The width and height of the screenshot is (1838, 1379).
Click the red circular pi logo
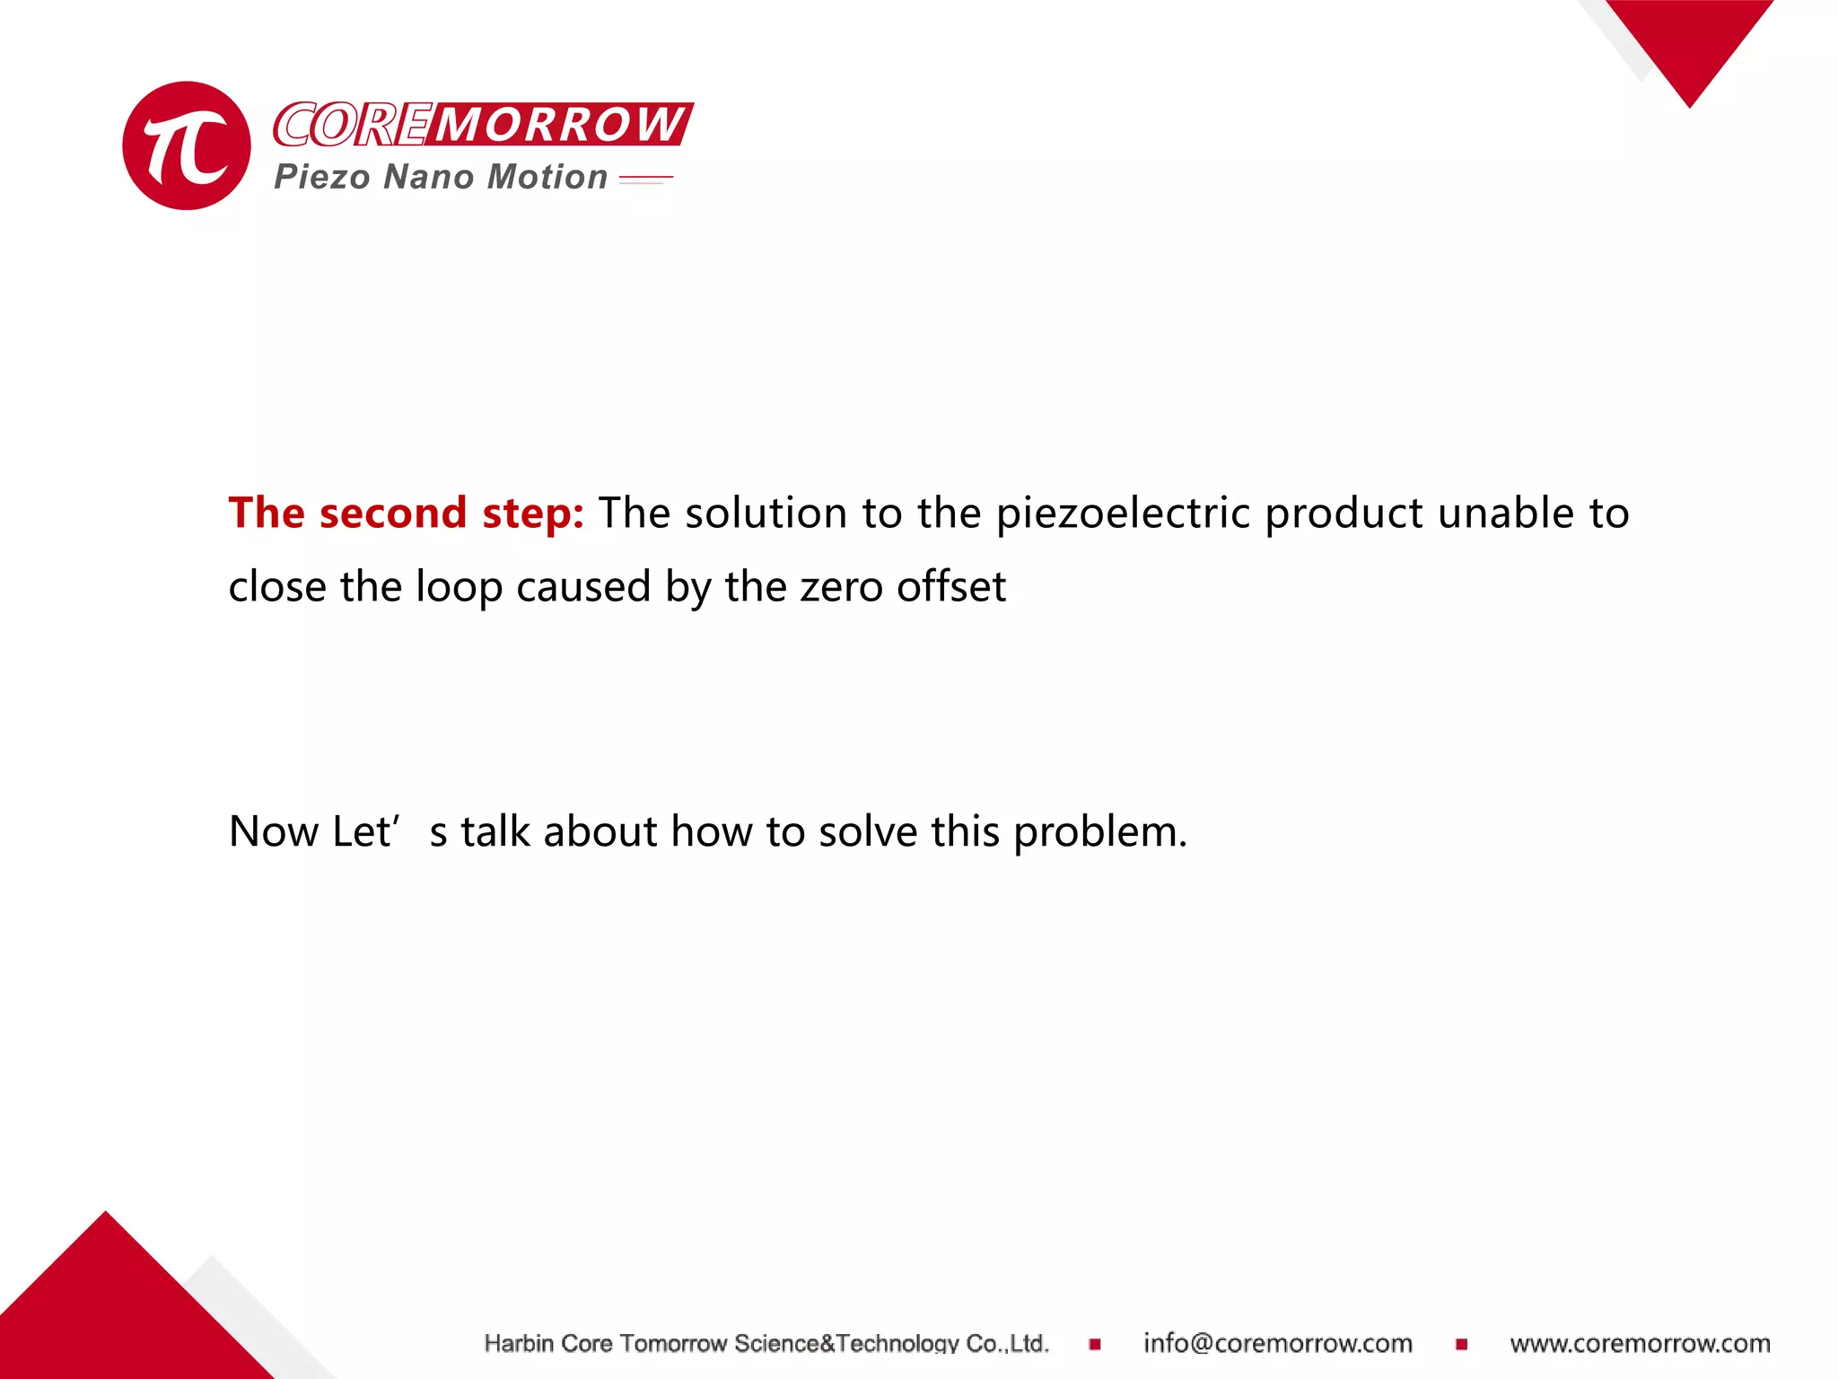click(x=187, y=145)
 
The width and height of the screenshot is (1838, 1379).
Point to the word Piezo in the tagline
click(x=321, y=177)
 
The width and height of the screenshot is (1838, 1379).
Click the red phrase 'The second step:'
click(x=406, y=513)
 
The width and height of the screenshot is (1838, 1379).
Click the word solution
click(x=766, y=513)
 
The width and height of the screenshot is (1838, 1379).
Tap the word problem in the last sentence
click(x=1099, y=832)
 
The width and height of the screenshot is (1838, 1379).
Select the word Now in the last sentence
click(x=274, y=831)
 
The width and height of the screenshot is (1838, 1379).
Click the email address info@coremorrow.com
click(x=1277, y=1343)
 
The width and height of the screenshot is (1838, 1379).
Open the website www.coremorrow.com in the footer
click(x=1640, y=1343)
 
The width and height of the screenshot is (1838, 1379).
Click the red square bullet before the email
click(x=1095, y=1344)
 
